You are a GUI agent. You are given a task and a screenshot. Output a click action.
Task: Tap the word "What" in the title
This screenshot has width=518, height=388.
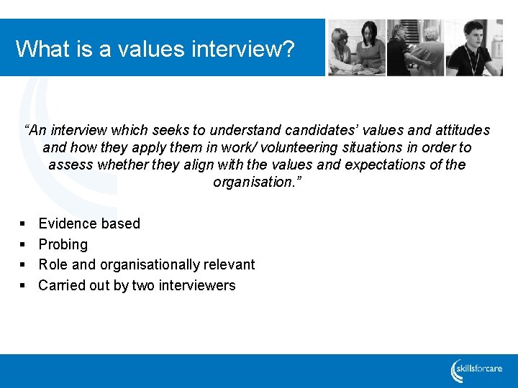click(39, 49)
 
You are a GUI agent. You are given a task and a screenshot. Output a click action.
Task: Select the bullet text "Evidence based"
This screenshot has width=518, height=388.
click(89, 223)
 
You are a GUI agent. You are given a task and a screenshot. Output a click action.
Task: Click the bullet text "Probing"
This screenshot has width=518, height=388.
click(63, 244)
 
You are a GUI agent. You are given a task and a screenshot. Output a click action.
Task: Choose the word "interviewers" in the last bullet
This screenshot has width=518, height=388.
click(198, 285)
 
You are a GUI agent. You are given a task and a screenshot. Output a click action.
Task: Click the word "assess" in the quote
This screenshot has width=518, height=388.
click(69, 165)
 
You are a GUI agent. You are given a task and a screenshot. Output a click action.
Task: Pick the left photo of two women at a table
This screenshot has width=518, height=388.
click(356, 47)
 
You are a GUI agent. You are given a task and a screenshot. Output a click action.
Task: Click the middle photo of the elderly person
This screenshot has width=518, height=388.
click(416, 47)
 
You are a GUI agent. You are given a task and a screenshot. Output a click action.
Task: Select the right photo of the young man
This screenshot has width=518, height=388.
click(474, 47)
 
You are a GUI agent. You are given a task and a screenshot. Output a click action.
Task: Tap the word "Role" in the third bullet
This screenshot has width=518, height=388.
click(53, 264)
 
